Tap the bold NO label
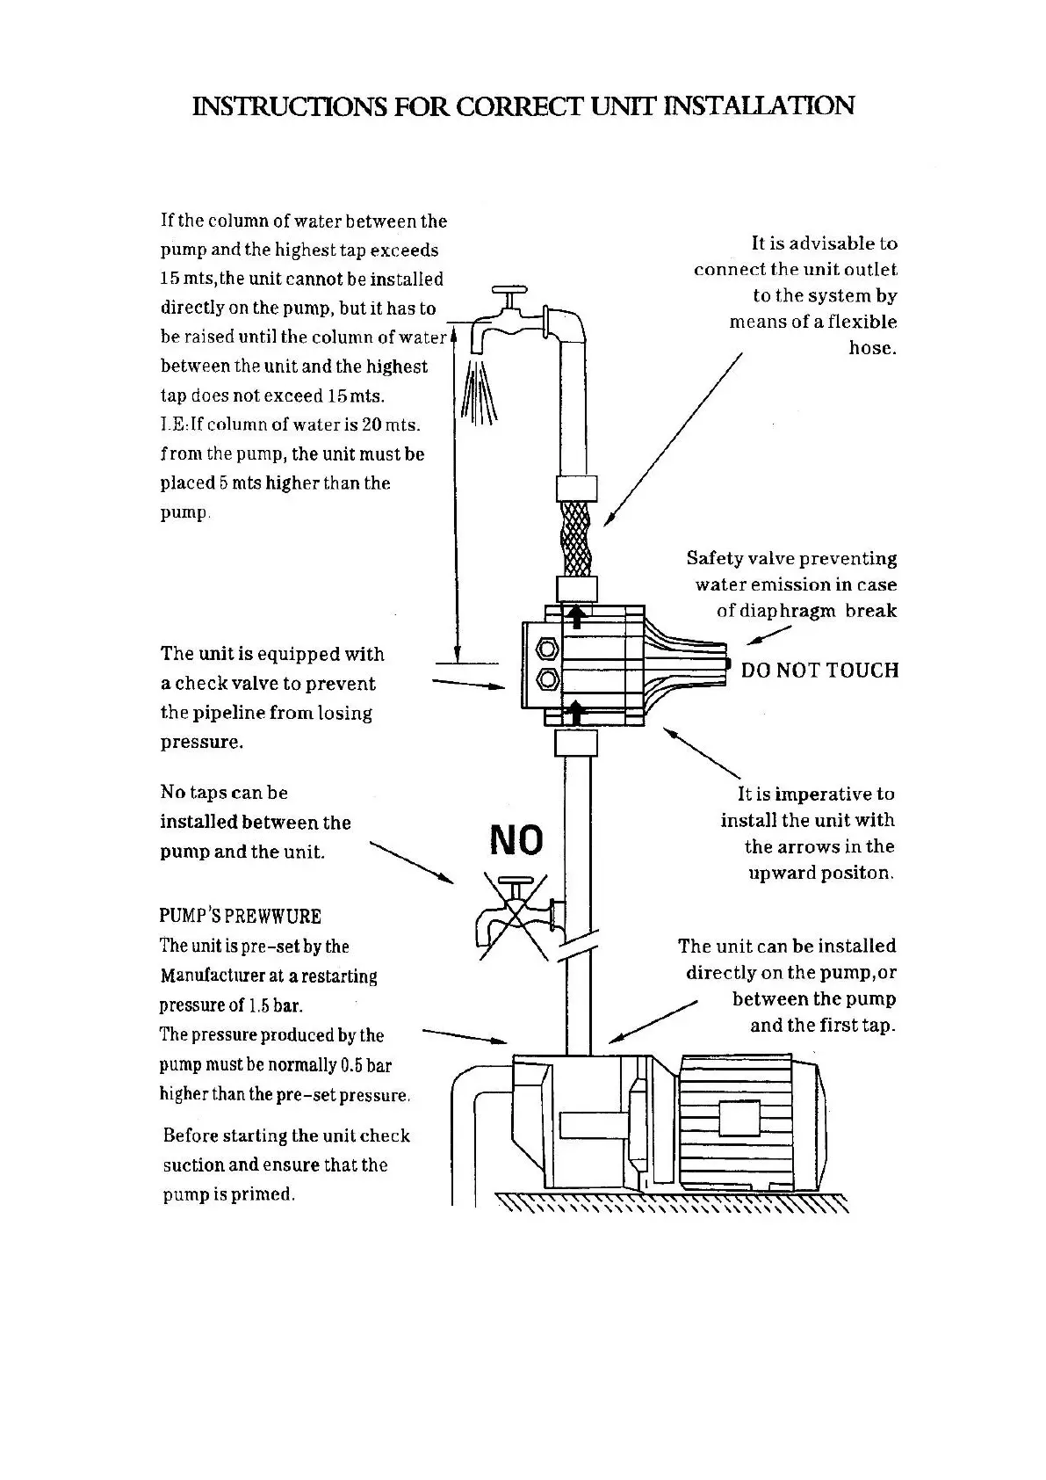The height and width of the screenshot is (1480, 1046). [516, 840]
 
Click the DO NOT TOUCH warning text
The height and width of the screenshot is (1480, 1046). [819, 671]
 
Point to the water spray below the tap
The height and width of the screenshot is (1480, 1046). [480, 392]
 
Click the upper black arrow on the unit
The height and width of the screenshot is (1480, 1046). [576, 615]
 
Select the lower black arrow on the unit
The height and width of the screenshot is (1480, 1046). [576, 712]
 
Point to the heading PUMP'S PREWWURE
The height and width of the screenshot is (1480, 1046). [240, 916]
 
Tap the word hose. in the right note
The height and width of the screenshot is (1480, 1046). [872, 348]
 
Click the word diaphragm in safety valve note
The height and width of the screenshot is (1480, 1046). [775, 611]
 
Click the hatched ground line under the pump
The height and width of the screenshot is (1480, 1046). [672, 1203]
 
